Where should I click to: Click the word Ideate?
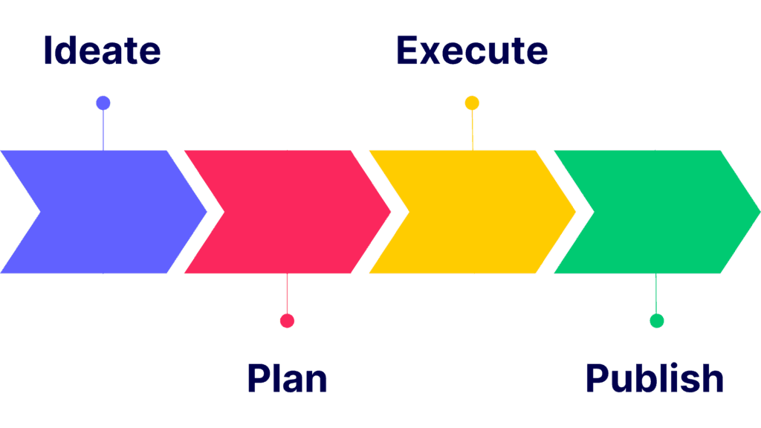102,51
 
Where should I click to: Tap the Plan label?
287,378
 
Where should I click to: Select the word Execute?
471,51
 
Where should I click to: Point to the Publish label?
654,378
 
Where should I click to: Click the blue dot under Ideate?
103,103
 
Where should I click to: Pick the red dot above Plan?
287,320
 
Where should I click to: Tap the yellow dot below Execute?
472,103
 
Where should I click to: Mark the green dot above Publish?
656,320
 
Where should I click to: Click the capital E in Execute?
408,51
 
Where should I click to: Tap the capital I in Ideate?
48,51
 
